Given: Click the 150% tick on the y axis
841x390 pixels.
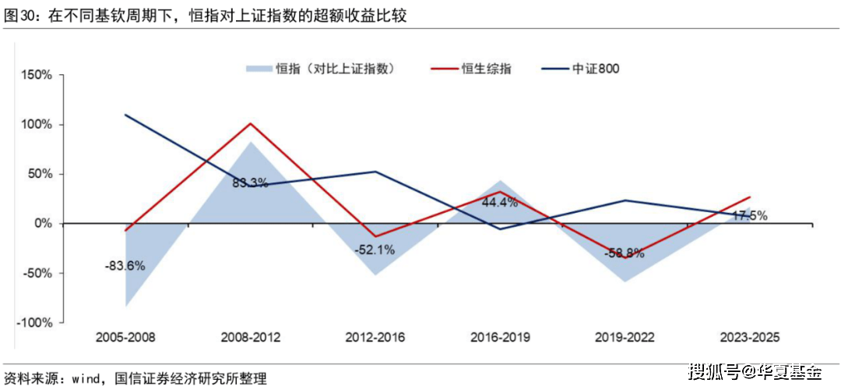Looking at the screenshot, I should pos(37,75).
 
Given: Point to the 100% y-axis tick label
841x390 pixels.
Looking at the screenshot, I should pos(37,125).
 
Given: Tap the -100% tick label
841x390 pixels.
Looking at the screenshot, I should pos(34,323).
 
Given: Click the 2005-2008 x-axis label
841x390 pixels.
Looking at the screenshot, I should pos(125,338).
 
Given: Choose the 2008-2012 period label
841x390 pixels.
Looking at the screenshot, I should pos(250,338).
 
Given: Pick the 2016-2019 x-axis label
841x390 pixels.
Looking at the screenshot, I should pos(500,338).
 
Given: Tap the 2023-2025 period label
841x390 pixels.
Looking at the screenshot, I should pos(749,338).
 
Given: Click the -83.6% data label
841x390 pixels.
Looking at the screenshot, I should pos(125,265).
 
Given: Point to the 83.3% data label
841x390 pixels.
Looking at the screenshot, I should pos(250,183).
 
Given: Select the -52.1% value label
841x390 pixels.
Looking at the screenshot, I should pos(375,250).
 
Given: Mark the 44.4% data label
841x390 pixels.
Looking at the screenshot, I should pos(500,202).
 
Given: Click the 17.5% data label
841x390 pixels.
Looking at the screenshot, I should pos(749,216).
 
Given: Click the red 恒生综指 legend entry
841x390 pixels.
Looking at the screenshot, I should pos(472,68).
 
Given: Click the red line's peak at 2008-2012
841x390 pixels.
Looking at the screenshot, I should pos(250,123).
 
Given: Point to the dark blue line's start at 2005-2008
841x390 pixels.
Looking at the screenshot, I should pos(125,115).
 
